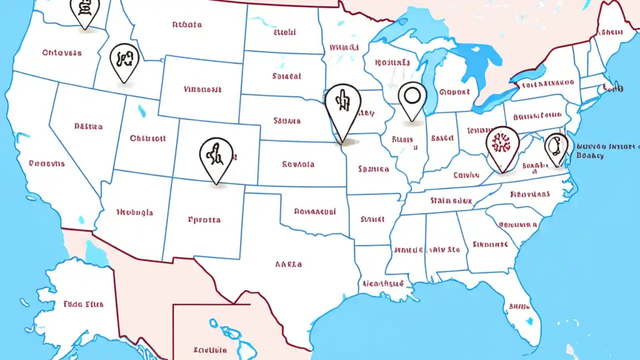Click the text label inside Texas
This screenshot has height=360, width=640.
coord(288,264)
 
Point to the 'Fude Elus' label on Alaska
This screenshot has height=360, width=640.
coord(83,303)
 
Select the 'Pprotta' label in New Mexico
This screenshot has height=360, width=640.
coord(204,219)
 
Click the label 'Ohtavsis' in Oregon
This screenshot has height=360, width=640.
coord(62,52)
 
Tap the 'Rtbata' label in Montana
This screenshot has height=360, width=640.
coord(187,24)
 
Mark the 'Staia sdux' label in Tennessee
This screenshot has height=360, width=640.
coord(451,200)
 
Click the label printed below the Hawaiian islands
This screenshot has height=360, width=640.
coord(210,349)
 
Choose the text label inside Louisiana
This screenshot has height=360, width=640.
coord(383,283)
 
